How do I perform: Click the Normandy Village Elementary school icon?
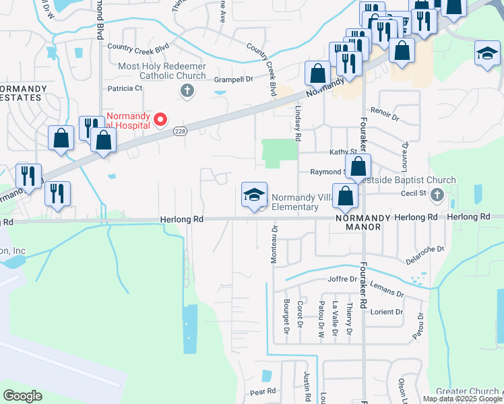pos(254,195)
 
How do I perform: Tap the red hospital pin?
pos(160,120)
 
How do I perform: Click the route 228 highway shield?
pos(179,131)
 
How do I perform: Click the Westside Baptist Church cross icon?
pos(437,195)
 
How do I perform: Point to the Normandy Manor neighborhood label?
pos(360,222)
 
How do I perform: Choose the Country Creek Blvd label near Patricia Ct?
pos(138,48)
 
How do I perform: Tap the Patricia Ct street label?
pos(125,88)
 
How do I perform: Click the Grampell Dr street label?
pos(232,79)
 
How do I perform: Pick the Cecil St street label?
pos(414,193)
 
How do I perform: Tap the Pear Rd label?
pos(263,391)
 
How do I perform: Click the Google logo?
pos(22,396)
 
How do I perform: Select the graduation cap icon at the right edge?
pos(487,53)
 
